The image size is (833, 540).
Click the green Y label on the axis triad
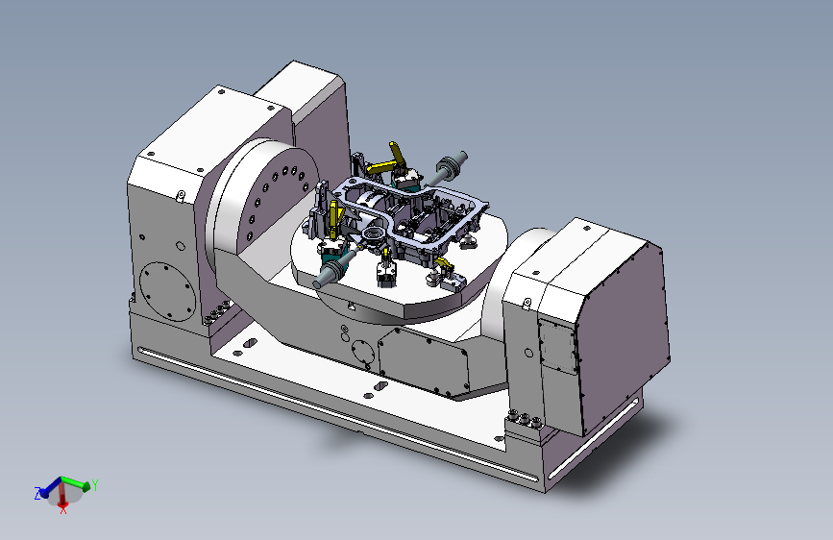pyautogui.click(x=95, y=484)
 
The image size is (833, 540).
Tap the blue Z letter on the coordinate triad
pyautogui.click(x=37, y=494)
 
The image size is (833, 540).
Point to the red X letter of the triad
pyautogui.click(x=63, y=509)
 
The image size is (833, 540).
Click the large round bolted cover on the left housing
pyautogui.click(x=167, y=291)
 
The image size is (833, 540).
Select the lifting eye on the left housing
pyautogui.click(x=181, y=196)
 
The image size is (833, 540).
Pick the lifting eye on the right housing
pyautogui.click(x=527, y=304)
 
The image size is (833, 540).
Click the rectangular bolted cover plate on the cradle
pyautogui.click(x=424, y=362)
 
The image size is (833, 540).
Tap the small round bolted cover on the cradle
pyautogui.click(x=363, y=353)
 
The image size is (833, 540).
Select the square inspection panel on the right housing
pyautogui.click(x=557, y=346)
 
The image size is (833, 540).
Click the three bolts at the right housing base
pyautogui.click(x=524, y=418)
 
